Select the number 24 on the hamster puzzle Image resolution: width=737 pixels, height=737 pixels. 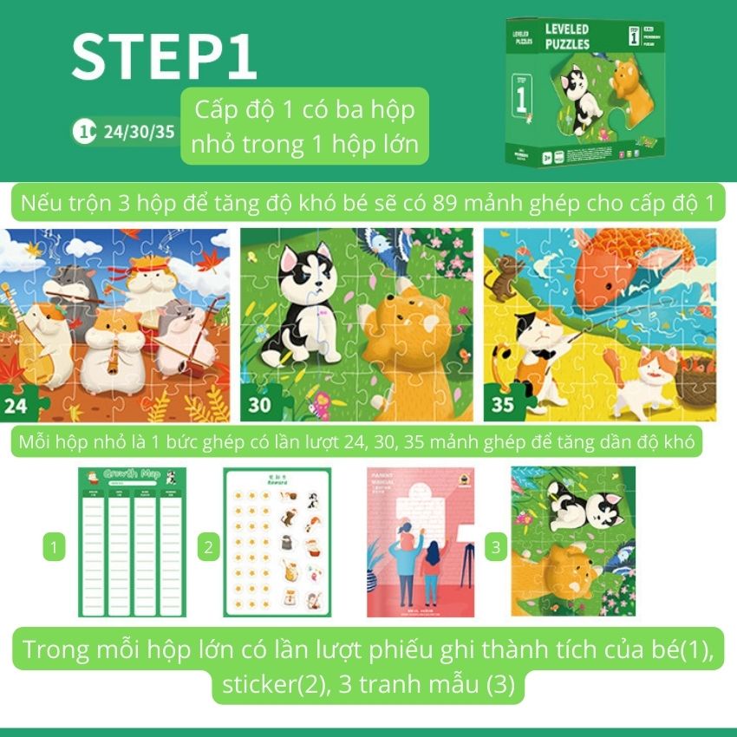pos(18,403)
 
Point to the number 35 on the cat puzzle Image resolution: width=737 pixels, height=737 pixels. pos(502,403)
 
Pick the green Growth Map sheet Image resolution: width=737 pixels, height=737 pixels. pos(132,542)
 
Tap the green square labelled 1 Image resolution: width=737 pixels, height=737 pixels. pos(54,547)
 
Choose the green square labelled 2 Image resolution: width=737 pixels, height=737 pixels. pos(207,547)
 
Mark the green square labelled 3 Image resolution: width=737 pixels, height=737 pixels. pos(495,547)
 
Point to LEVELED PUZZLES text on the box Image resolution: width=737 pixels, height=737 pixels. pos(567,36)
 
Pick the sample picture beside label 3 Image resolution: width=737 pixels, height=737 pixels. pos(573,542)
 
